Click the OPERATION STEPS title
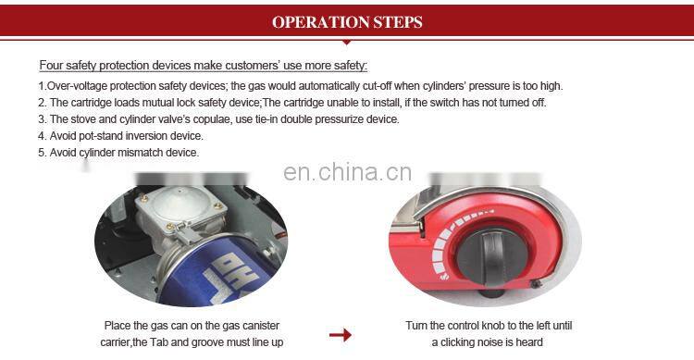point(347,21)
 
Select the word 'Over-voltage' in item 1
point(75,86)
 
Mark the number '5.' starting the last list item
point(42,153)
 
